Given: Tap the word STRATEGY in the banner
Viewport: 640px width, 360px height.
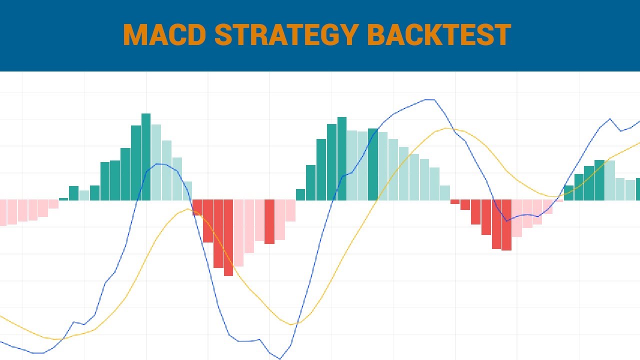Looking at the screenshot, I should click(285, 35).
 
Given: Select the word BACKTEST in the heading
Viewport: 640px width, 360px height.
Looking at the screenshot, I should click(439, 35).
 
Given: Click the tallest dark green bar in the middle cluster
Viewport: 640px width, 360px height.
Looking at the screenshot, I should click(342, 158).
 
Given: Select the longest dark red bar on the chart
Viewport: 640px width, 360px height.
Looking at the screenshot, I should click(228, 237).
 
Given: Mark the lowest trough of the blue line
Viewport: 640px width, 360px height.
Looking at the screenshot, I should click(280, 358).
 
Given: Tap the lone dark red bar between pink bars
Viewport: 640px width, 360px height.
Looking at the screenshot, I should click(269, 221).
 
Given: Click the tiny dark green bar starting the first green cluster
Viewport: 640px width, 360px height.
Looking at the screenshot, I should click(63, 199).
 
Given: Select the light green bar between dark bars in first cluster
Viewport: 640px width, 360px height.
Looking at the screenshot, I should click(84, 195).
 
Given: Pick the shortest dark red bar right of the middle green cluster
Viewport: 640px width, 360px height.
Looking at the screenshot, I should click(454, 202).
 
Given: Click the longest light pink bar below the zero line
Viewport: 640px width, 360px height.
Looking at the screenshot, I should click(238, 233).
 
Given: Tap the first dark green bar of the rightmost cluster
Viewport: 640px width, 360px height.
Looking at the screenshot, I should click(568, 192).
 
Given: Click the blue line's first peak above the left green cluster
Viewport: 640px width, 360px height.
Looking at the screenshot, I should click(158, 163).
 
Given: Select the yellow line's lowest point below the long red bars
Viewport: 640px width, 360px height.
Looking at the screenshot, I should click(292, 324).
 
